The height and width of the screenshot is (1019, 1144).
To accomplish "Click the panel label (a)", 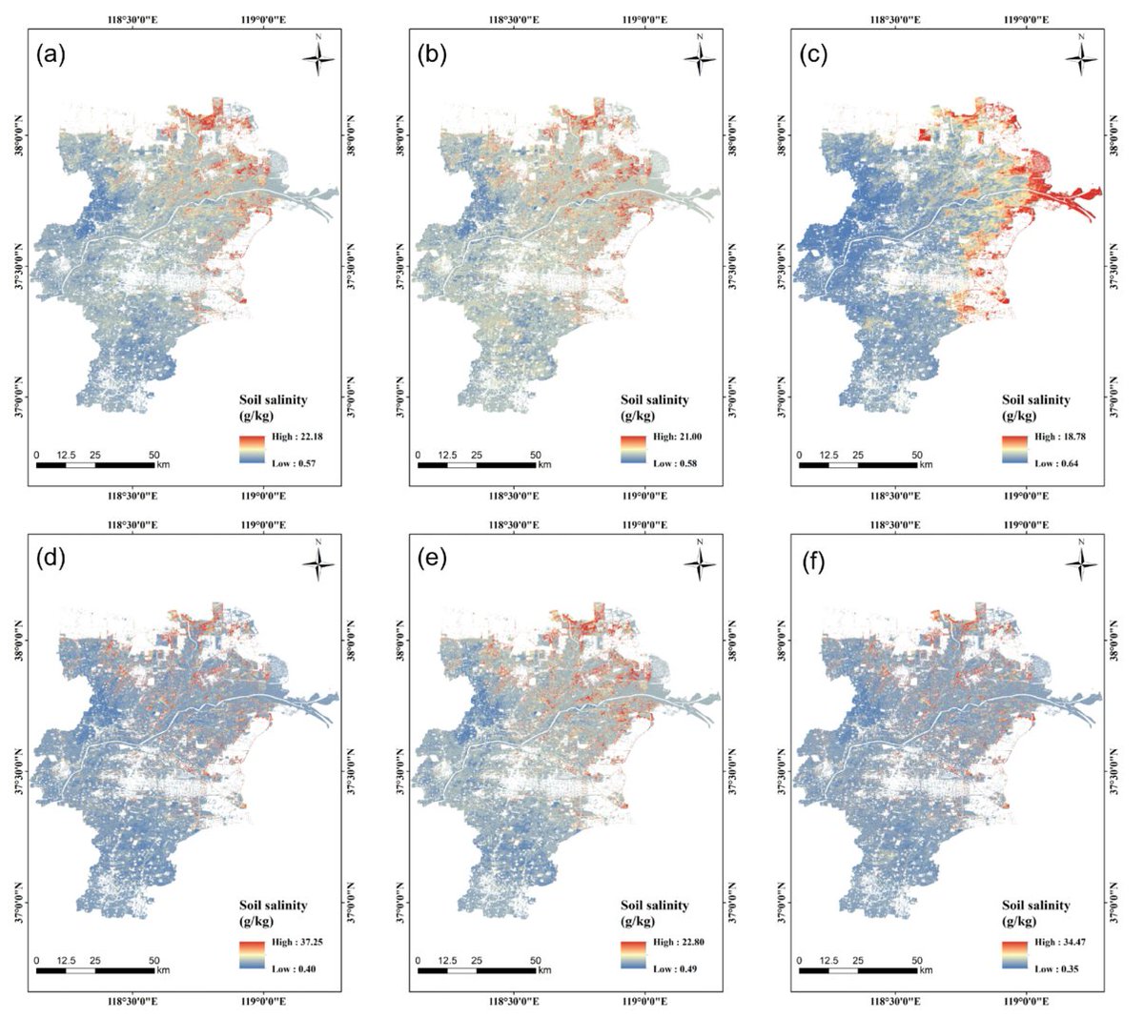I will point(51,55).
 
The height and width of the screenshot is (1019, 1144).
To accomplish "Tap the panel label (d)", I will point(51,560).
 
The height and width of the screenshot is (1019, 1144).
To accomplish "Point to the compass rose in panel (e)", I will point(700,563).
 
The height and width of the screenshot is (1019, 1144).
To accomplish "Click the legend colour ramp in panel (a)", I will point(252,450).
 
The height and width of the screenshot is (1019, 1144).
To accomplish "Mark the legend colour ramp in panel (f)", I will point(1014,954).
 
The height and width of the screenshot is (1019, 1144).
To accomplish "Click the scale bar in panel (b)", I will point(477,465).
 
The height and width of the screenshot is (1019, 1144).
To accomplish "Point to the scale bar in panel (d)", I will point(95,970).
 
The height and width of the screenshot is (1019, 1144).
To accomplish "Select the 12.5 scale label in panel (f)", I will point(829,960).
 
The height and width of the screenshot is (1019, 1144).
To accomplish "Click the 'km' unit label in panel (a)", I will point(163,465).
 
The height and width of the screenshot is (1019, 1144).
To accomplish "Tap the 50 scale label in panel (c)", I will point(916,455).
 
